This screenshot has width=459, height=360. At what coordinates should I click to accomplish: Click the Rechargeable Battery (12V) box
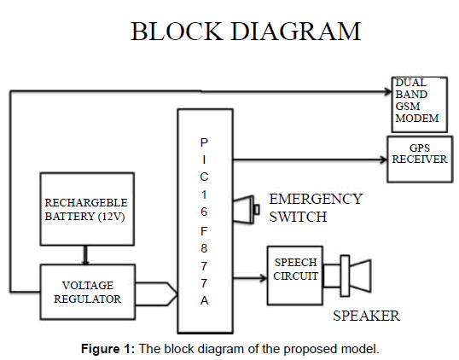[87, 209]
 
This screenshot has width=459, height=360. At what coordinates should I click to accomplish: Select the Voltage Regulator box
[88, 292]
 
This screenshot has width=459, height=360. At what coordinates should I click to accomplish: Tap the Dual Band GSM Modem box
[420, 105]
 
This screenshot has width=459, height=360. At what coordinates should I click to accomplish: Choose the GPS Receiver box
[420, 160]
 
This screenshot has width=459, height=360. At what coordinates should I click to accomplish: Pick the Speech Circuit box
[295, 276]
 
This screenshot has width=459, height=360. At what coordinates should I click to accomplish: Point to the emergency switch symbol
[246, 209]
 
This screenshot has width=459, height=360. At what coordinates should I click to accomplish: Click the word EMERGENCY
[316, 200]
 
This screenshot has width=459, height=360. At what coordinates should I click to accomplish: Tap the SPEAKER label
[366, 316]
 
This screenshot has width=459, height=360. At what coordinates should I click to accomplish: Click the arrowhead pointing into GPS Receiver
[384, 160]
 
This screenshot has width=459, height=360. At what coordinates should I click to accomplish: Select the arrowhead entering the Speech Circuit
[264, 277]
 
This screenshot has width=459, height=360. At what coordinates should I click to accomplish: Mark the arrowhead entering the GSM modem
[388, 92]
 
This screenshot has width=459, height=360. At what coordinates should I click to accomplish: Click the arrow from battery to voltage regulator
[85, 255]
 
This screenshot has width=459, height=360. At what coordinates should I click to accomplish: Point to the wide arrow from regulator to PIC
[157, 293]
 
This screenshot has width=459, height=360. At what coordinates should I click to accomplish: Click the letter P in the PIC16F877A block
[204, 142]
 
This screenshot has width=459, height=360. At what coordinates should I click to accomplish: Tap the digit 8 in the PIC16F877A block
[204, 248]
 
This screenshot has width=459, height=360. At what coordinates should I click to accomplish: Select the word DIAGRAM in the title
[296, 32]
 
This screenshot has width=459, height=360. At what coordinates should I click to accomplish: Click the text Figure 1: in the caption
[107, 349]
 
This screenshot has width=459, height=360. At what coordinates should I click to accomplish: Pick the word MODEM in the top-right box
[417, 119]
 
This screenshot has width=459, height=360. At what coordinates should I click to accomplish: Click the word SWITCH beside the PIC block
[298, 217]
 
